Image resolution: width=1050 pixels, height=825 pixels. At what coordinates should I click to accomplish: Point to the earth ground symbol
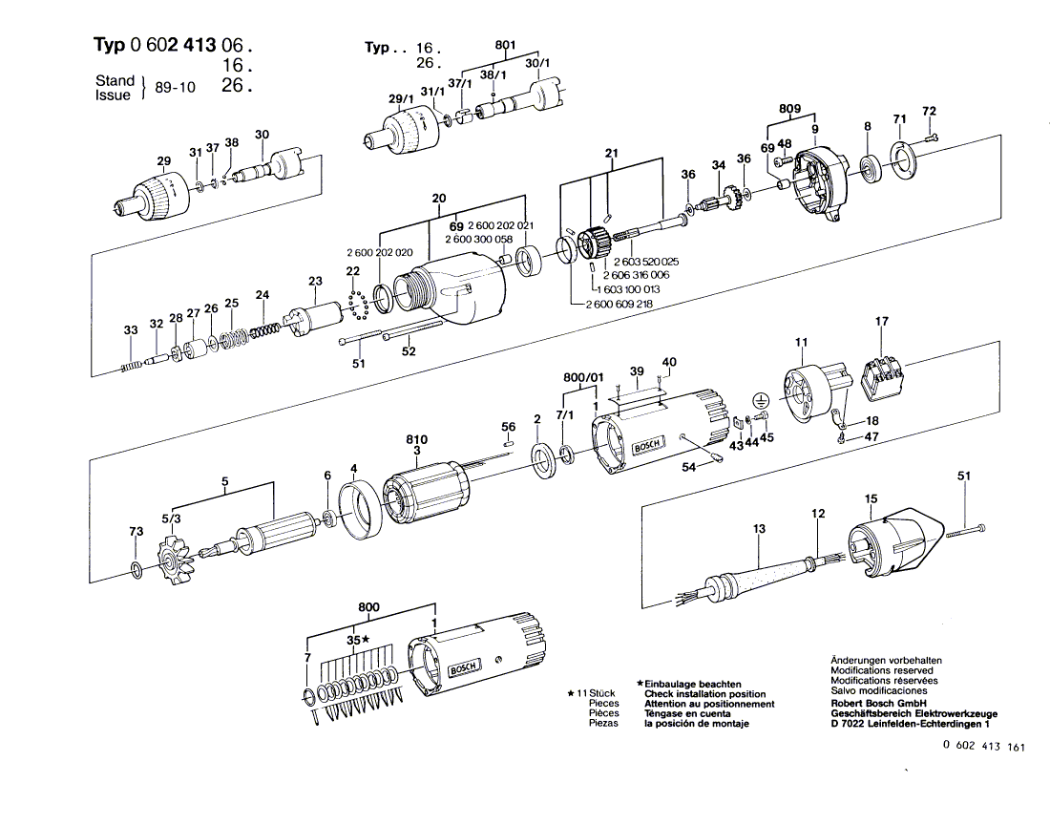point(762,401)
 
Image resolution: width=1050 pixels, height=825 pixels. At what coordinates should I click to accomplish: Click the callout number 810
point(416,440)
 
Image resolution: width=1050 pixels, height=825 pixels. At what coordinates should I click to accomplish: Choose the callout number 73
point(136,532)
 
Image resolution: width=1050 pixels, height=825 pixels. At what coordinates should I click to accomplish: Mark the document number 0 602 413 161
point(983,748)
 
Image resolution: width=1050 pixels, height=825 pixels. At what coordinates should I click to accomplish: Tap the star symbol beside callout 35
point(366,639)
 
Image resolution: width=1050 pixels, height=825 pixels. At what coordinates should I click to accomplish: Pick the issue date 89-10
point(175,87)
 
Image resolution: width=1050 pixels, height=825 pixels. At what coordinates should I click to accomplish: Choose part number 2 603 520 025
point(646,262)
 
